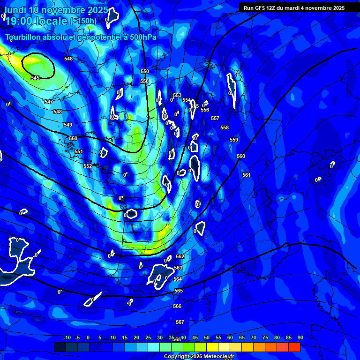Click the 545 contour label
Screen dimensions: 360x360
[35, 78]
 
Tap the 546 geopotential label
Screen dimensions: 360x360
[68, 59]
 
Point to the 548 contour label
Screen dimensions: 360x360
[58, 112]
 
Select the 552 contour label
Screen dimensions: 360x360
[88, 166]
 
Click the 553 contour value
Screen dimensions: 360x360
[177, 95]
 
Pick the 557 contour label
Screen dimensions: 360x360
[215, 118]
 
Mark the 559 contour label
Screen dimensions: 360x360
[234, 140]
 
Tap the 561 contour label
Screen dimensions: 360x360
[247, 175]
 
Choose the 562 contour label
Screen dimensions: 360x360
[180, 256]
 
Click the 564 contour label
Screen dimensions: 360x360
[178, 279]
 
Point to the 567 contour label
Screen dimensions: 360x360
[180, 322]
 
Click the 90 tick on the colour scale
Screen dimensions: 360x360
[300, 337]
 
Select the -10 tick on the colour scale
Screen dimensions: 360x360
[67, 337]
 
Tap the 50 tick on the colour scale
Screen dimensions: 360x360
[207, 337]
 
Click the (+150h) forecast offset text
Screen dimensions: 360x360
[83, 21]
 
